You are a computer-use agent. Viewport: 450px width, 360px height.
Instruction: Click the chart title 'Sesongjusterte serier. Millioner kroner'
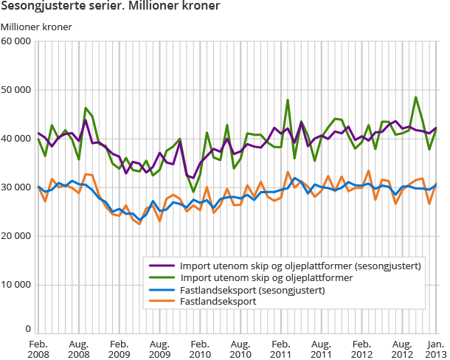coord(110,8)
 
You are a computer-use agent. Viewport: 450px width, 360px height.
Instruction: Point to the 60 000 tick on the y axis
coord(16,42)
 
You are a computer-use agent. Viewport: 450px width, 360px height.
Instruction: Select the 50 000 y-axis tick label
coord(16,91)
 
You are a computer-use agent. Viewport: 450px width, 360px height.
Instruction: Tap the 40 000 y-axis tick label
coord(16,139)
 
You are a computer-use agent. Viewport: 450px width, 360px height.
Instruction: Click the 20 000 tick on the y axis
coord(16,236)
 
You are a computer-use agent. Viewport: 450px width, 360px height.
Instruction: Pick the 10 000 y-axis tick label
coord(16,285)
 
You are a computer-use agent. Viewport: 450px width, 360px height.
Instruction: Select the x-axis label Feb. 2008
coord(38,349)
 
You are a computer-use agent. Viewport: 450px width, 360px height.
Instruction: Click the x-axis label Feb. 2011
coord(280,349)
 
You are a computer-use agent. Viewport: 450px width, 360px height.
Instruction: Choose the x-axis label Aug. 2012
coord(401,349)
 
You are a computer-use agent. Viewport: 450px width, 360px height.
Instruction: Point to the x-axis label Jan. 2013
coord(435,349)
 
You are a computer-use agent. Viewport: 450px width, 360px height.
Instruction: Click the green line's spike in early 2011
coord(287,100)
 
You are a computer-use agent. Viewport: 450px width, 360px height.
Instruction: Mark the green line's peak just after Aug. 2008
coord(86,108)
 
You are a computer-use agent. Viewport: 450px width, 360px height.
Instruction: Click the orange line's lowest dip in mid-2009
coord(139,224)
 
